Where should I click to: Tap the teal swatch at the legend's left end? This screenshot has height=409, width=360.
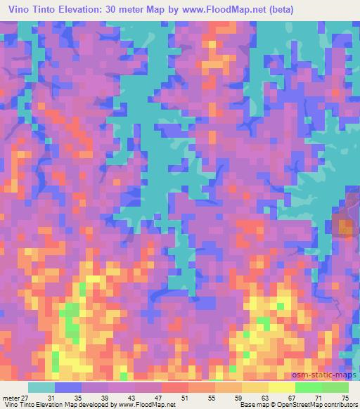tap(41, 387)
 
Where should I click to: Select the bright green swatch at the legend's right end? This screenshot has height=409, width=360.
tap(335, 387)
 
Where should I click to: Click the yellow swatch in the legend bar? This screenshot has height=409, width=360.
tap(281, 387)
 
